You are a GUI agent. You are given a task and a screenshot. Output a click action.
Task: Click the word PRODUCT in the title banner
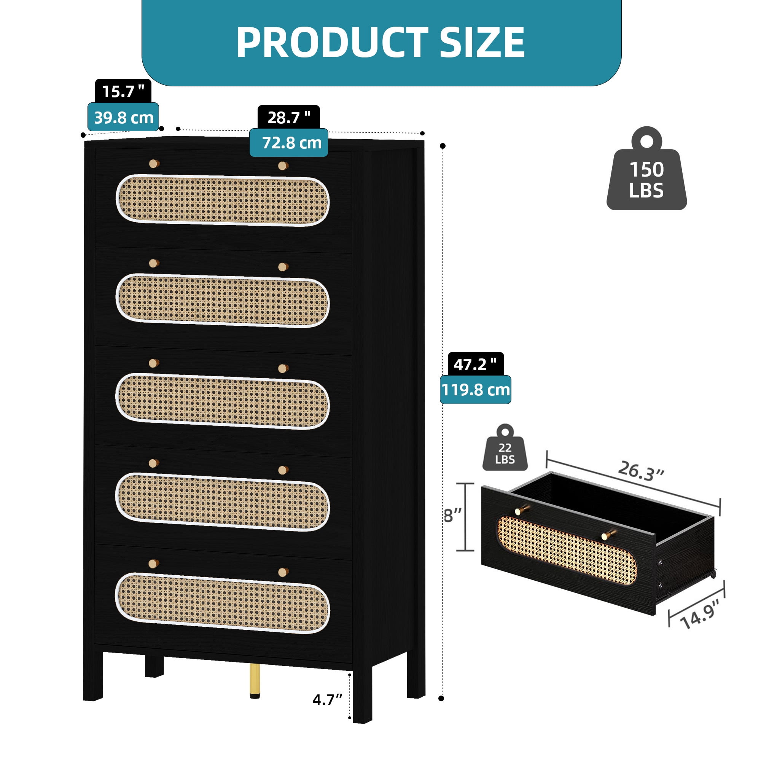[x=332, y=43]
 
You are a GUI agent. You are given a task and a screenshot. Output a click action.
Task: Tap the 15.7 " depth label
[x=123, y=91]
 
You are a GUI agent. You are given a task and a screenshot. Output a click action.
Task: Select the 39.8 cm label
[x=123, y=117]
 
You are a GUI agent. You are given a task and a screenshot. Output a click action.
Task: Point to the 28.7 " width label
[x=289, y=117]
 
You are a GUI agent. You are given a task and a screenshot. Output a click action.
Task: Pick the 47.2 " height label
[x=476, y=365]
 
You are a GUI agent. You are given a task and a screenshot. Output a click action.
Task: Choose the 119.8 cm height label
[x=475, y=390]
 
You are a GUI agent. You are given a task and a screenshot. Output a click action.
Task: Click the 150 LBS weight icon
[x=646, y=169]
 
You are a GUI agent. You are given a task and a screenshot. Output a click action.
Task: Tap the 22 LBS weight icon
[x=505, y=447]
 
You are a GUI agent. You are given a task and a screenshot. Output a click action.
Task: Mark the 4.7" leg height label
[x=327, y=700]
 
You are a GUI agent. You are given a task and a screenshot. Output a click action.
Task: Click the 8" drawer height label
[x=452, y=515]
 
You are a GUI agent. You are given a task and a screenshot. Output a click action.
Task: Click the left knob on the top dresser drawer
[x=154, y=164]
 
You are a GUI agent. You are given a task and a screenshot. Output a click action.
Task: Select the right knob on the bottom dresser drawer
[x=283, y=572]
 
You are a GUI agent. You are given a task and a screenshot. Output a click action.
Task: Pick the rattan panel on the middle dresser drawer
[x=223, y=401]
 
